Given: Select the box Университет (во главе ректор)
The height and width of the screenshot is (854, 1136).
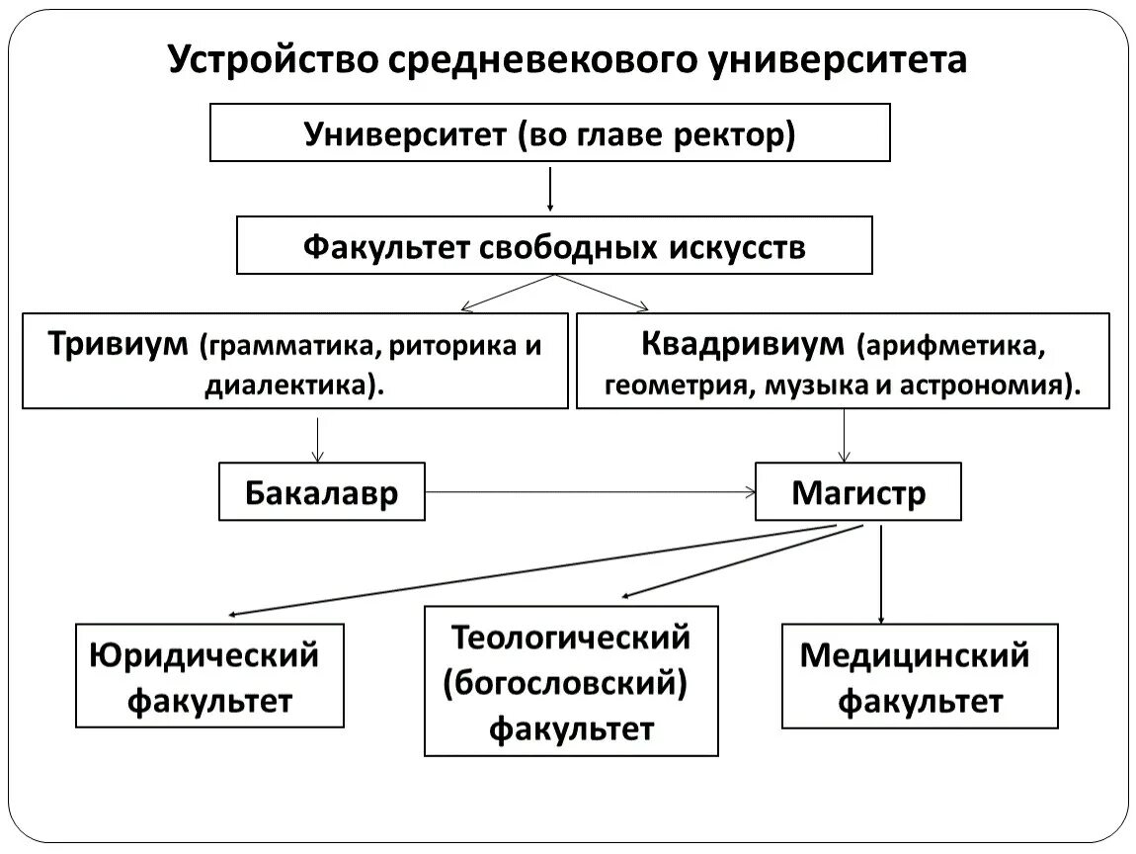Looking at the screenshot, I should pyautogui.click(x=549, y=133).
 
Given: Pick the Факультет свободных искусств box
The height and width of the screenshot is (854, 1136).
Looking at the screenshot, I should pyautogui.click(x=553, y=246).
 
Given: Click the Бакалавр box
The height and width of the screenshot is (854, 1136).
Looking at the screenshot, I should pyautogui.click(x=321, y=491).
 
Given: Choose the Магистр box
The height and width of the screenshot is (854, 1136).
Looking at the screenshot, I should pyautogui.click(x=857, y=491).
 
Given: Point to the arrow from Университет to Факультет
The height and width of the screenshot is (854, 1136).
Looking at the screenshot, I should pyautogui.click(x=550, y=189).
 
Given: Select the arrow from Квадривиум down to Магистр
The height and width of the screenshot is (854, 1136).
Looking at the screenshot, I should pyautogui.click(x=844, y=436).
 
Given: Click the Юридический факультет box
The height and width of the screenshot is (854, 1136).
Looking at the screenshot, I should pyautogui.click(x=209, y=676).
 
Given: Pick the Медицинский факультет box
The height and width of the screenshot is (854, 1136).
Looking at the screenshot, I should pyautogui.click(x=919, y=676).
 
